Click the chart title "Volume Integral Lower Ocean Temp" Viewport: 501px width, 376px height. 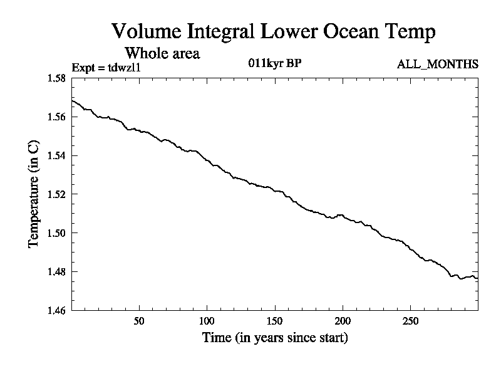273,31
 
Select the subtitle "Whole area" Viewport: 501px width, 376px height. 162,53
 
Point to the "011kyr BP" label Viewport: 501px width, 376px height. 276,63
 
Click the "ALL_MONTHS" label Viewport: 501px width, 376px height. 438,64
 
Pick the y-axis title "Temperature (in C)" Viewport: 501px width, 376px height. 34,194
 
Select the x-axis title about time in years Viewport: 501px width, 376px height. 275,338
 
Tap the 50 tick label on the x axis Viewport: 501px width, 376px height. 140,320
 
